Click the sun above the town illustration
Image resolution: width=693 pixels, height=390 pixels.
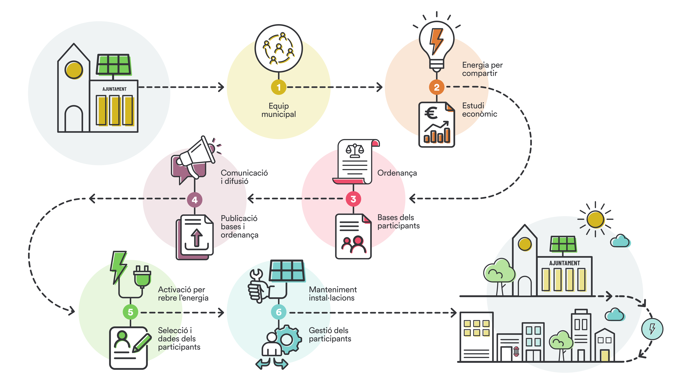[x=595, y=219]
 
